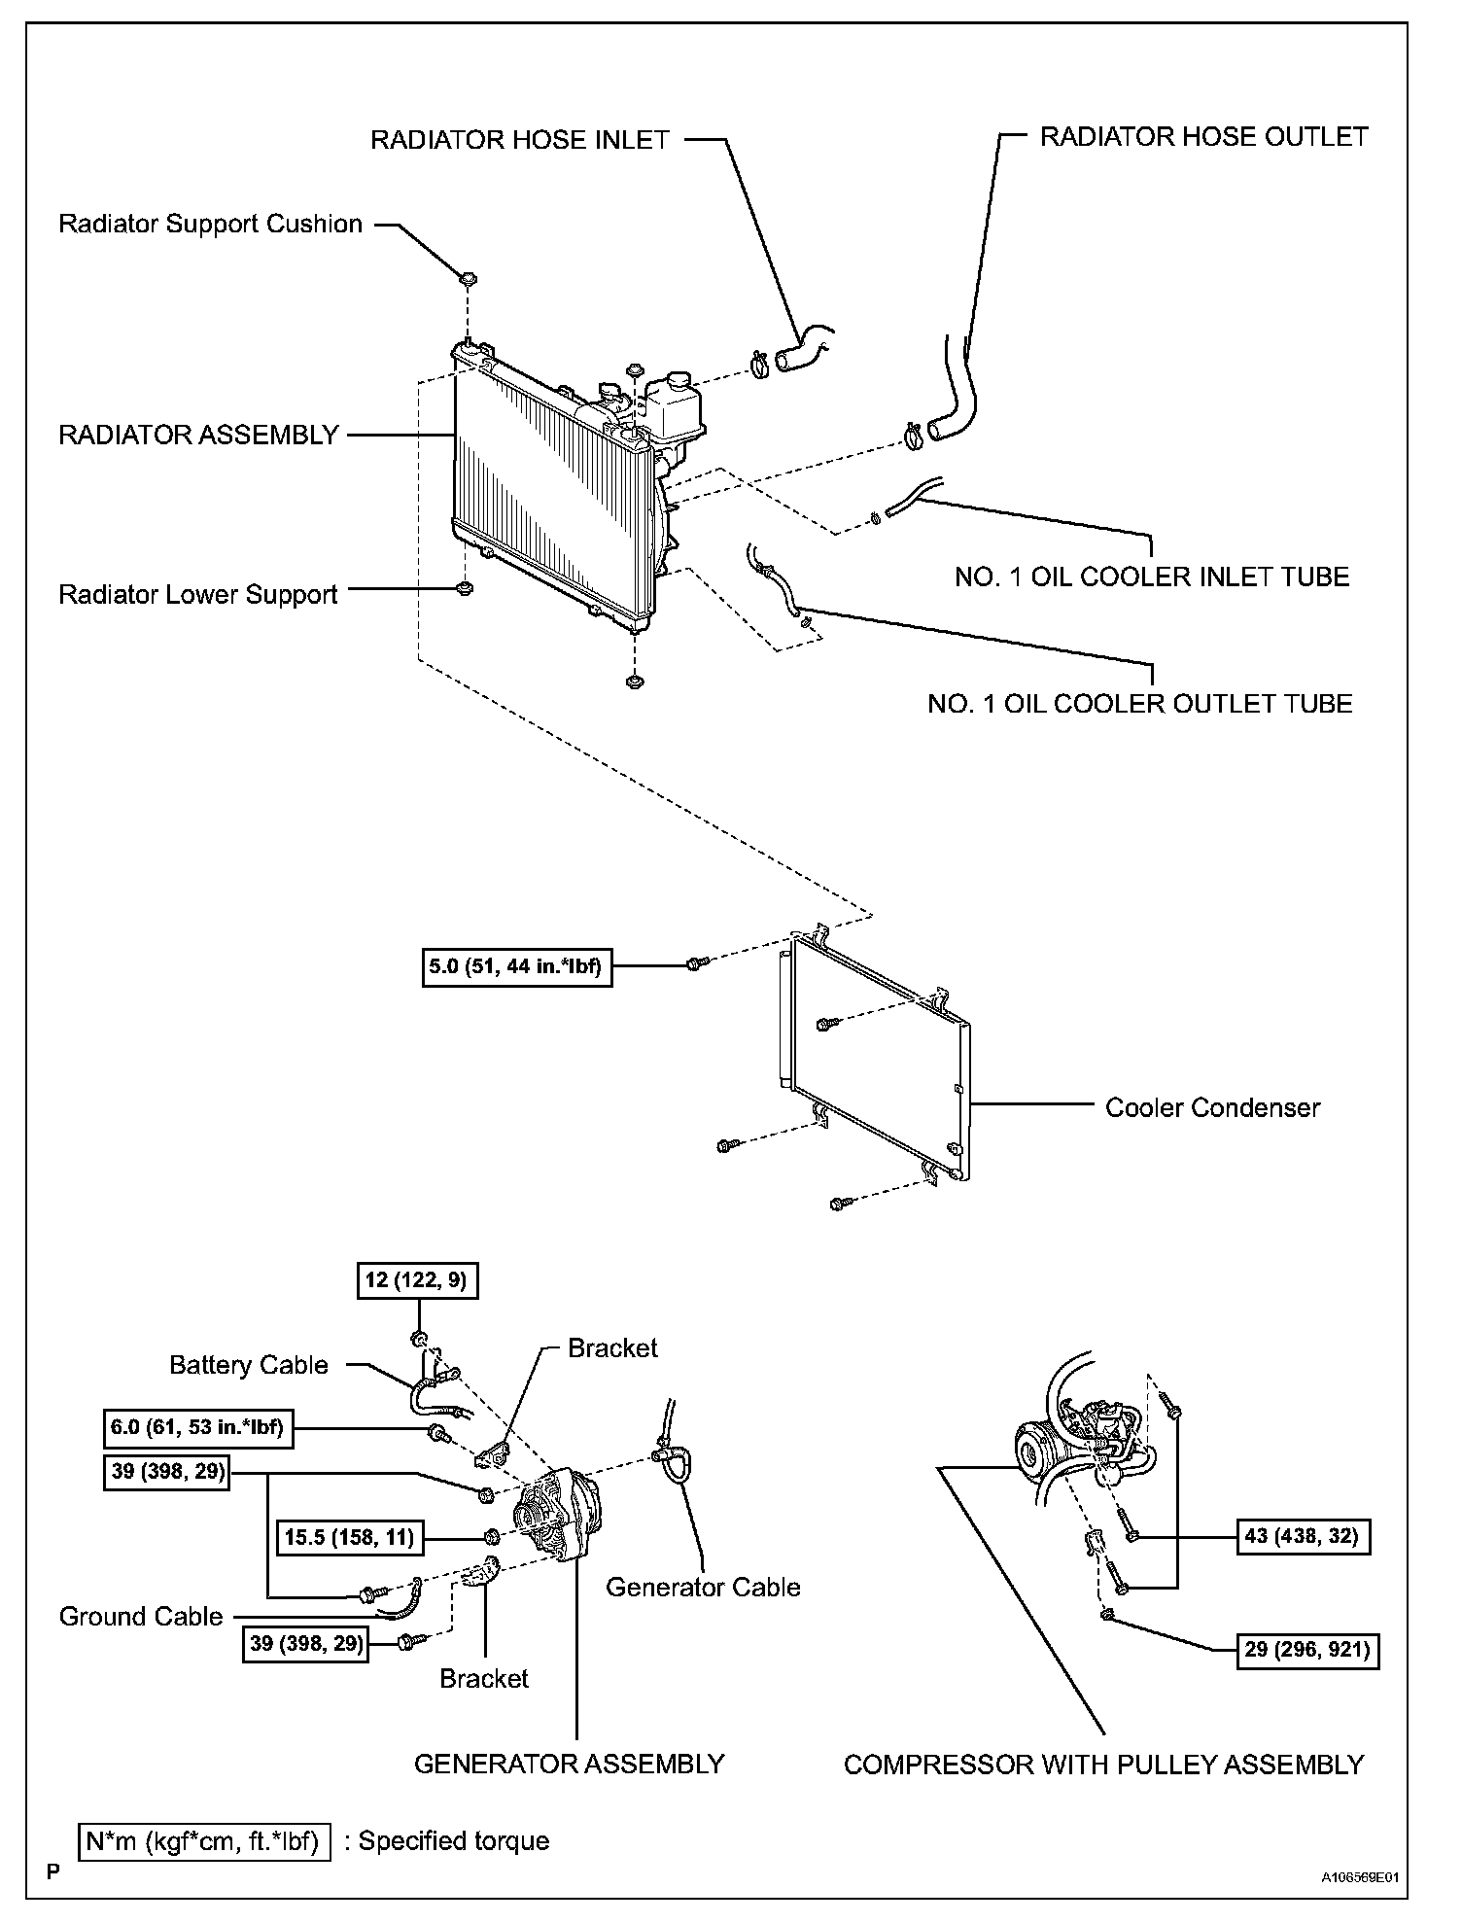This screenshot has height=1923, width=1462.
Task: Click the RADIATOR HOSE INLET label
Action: pyautogui.click(x=520, y=140)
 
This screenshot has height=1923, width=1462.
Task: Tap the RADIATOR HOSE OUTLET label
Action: pyautogui.click(x=1203, y=137)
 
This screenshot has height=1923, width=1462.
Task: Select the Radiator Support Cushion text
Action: pyautogui.click(x=211, y=225)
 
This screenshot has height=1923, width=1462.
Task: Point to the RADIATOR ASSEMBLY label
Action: pyautogui.click(x=199, y=435)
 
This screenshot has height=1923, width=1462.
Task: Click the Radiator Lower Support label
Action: pyautogui.click(x=198, y=595)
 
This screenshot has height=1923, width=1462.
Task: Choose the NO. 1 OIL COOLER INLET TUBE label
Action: pyautogui.click(x=1152, y=577)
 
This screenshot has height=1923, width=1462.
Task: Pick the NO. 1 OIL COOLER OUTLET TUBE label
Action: pyautogui.click(x=1139, y=704)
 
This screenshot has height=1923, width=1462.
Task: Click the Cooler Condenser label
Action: pyautogui.click(x=1212, y=1107)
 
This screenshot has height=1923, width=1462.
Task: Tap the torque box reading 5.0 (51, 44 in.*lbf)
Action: pyautogui.click(x=517, y=966)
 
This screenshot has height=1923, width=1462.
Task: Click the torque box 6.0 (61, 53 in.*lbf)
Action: pyautogui.click(x=197, y=1430)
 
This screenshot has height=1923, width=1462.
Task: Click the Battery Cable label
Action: pyautogui.click(x=249, y=1365)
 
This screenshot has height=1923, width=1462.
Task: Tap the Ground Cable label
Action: pyautogui.click(x=141, y=1617)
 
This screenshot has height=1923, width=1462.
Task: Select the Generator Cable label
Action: pyautogui.click(x=703, y=1588)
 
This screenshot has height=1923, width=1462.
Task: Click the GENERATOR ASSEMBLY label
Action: pyautogui.click(x=569, y=1764)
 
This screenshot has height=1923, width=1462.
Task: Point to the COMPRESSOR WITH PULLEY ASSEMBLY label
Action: pyautogui.click(x=1103, y=1765)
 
